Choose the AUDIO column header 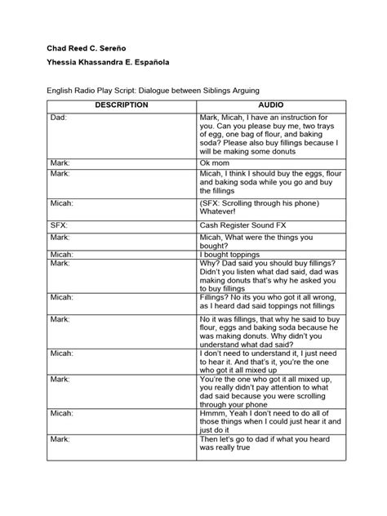click(x=272, y=105)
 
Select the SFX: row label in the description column click(x=58, y=222)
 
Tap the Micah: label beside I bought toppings click(x=61, y=254)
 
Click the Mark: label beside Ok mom click(x=60, y=162)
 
